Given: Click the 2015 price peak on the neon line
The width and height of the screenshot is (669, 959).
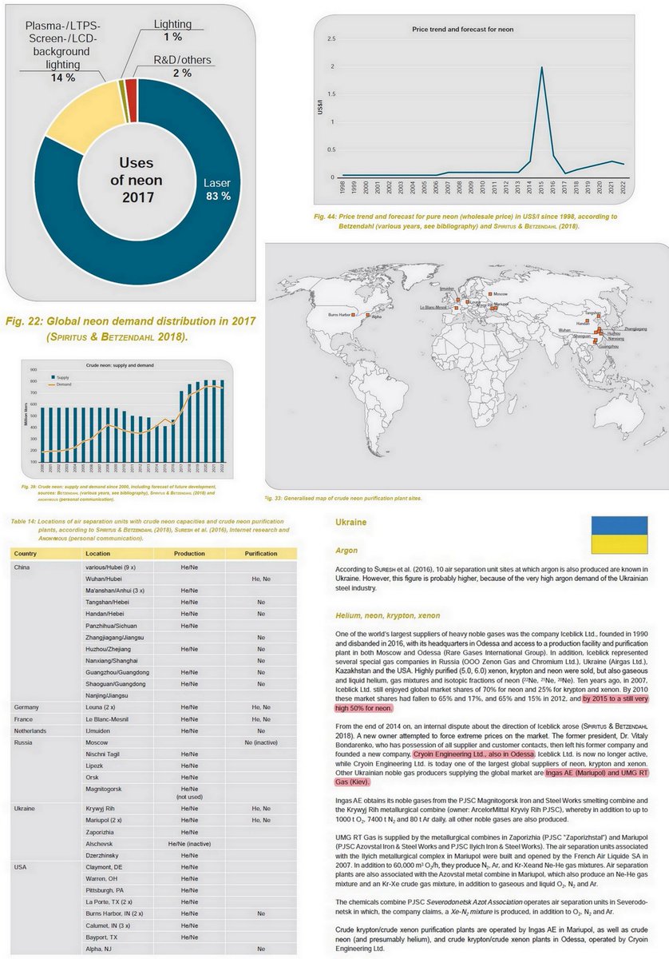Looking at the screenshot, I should (542, 68).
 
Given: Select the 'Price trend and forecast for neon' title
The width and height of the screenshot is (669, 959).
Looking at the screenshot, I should (462, 29).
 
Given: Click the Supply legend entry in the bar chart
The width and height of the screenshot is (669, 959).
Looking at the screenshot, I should (61, 376).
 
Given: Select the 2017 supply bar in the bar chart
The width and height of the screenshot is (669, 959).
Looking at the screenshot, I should (182, 431).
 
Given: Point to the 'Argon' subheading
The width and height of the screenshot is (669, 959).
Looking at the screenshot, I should (346, 551).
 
